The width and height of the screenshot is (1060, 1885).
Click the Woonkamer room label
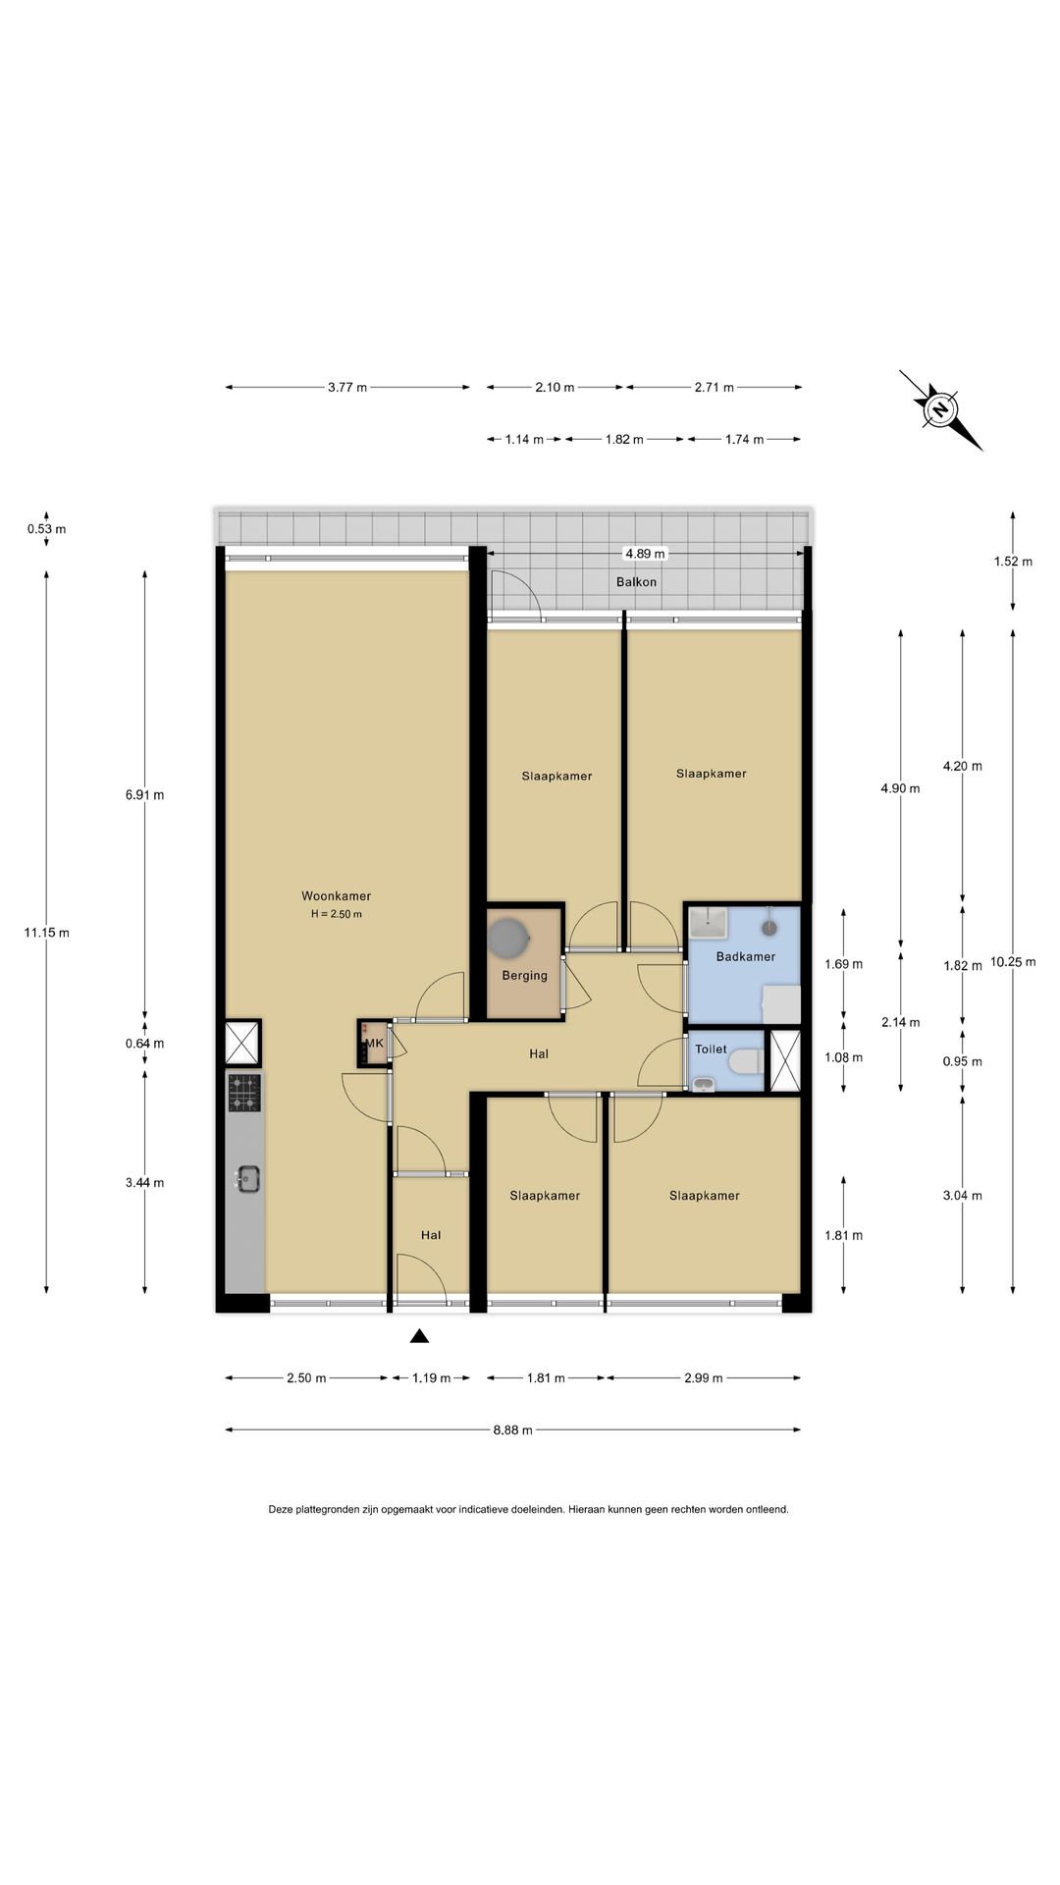point(336,896)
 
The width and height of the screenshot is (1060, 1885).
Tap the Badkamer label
point(746,956)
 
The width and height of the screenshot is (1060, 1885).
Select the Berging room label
point(524,976)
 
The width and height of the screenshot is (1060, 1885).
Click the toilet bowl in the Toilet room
point(746,1060)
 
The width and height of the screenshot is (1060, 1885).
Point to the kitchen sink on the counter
point(245,1178)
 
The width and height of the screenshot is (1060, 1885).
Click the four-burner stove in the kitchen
point(245,1093)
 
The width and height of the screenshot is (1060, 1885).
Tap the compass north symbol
point(940,409)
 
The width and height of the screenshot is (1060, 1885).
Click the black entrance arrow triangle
point(419,1335)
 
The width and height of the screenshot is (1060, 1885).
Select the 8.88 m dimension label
point(512,1430)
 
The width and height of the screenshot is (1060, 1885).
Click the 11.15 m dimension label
point(46,933)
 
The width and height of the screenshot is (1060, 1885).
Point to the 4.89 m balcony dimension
point(645,554)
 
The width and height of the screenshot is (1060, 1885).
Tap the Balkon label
point(636,582)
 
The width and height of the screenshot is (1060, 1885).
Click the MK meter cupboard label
point(374,1043)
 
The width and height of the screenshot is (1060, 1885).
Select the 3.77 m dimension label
point(347,387)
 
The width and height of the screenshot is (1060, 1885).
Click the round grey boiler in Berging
point(508,937)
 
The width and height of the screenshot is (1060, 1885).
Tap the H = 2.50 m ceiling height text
point(337,914)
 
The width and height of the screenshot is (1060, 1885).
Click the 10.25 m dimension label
point(1013,962)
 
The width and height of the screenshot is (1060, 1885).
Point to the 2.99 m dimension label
point(703,1378)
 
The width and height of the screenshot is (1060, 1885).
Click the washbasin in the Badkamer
point(707,923)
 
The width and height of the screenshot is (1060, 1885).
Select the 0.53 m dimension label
point(46,529)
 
